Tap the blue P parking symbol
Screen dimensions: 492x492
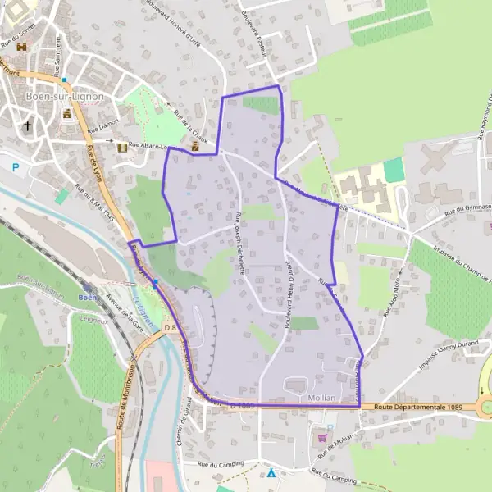point(16,167)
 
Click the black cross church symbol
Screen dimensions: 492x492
point(29,126)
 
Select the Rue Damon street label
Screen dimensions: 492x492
point(103,130)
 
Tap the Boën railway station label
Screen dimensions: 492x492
point(88,297)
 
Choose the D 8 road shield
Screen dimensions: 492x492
point(170,328)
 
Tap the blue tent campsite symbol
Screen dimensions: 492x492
point(271,473)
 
